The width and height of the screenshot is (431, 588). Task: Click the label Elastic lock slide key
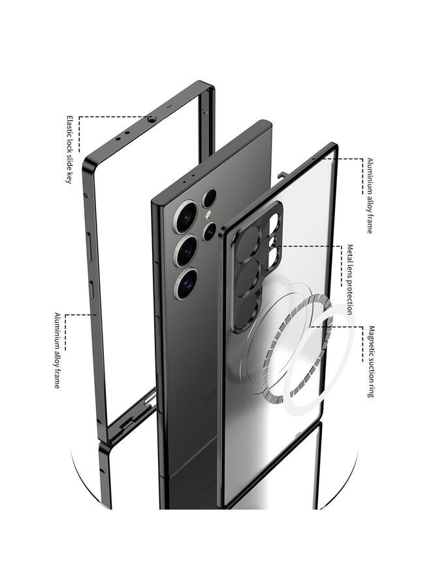pos(69,149)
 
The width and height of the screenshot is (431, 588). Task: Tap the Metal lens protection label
pos(349,280)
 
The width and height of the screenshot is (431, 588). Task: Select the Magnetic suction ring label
pos(371,361)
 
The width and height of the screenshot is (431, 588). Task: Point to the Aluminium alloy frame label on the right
pos(370,196)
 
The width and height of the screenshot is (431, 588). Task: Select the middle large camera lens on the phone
pos(186,250)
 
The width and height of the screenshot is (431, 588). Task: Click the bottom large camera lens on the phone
pos(186,284)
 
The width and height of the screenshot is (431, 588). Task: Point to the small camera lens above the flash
pos(209,198)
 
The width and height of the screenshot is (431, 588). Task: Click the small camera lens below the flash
pos(209,232)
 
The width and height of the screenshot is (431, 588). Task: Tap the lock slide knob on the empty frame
pos(152,120)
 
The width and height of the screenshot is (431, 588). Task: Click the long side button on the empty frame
pos(89,247)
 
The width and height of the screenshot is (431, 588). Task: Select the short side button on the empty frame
pos(91,289)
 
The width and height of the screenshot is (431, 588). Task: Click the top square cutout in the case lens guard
pos(274,221)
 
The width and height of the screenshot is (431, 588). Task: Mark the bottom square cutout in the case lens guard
pos(272,255)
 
